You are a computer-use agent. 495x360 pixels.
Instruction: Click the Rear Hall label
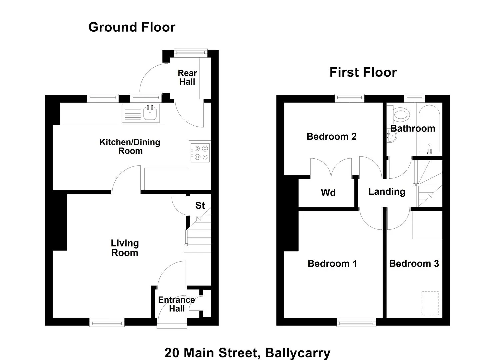[x=187, y=77]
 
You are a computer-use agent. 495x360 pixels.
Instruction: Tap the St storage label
[x=200, y=206]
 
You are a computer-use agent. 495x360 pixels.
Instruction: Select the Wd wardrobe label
[x=328, y=193]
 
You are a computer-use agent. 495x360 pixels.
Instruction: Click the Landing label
[x=387, y=192]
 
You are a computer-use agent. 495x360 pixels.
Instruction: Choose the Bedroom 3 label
[x=414, y=264]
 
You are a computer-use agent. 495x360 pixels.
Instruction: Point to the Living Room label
[x=125, y=248]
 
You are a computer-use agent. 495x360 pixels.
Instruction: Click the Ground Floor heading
[x=132, y=27]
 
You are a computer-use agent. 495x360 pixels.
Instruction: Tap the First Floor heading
[x=363, y=72]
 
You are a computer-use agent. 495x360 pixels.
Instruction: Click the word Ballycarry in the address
[x=298, y=352]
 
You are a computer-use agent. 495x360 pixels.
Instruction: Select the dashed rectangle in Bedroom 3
[x=430, y=303]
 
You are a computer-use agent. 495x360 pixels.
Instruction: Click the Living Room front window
[x=107, y=322]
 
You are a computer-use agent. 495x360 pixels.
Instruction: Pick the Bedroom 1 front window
[x=356, y=322]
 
